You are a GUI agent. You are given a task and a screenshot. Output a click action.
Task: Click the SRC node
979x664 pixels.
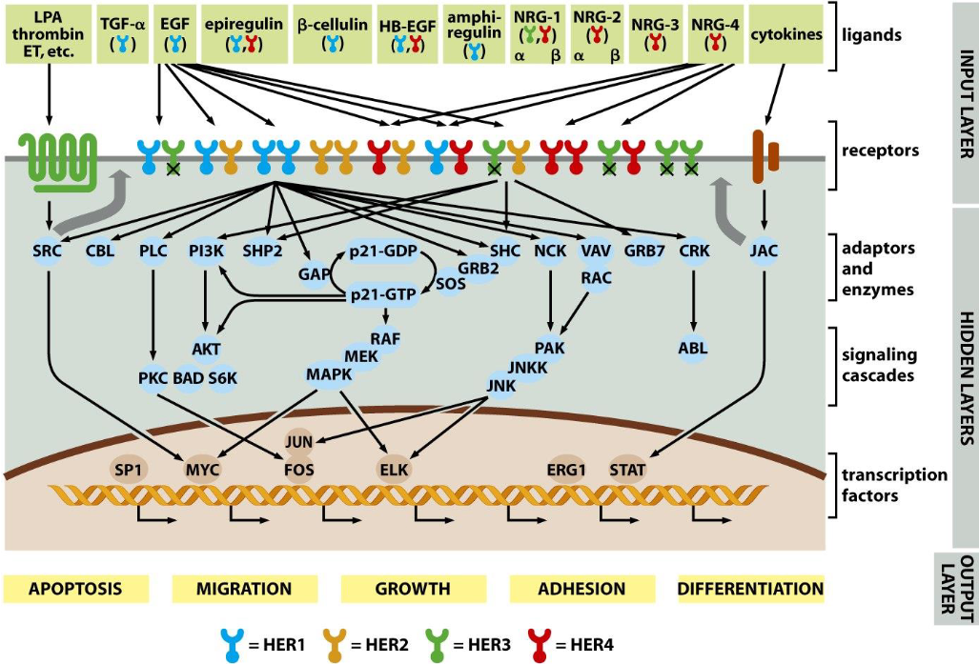pos(52,251)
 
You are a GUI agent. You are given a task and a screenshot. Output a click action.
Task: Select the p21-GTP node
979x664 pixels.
pos(384,295)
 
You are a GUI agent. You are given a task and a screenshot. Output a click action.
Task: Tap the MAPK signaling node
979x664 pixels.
pos(329,373)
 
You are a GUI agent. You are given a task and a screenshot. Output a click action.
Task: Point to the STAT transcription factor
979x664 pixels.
pos(626,469)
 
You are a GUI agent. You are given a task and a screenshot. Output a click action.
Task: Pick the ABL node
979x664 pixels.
pos(693,348)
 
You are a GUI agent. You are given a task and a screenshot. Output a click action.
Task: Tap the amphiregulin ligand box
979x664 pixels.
pos(473,32)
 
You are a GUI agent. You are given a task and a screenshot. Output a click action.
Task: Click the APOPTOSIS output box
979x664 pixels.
pos(75,589)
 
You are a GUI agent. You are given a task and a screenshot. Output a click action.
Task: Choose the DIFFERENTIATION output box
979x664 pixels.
pos(750,589)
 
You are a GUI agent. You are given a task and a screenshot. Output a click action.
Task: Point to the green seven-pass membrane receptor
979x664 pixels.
pos(59,152)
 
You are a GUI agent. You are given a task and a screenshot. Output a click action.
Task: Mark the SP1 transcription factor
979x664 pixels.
pos(126,469)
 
